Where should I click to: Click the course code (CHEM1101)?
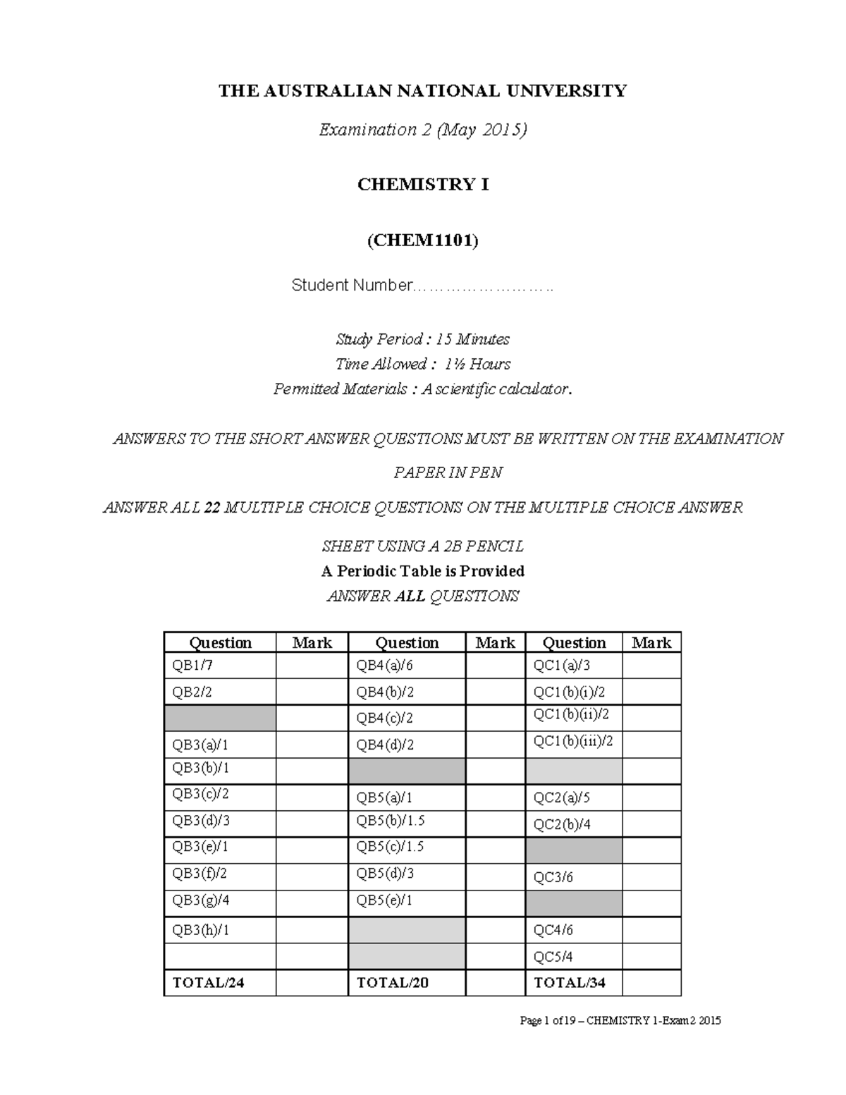click(x=422, y=240)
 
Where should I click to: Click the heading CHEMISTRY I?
click(x=422, y=185)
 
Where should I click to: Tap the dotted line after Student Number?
click(x=482, y=287)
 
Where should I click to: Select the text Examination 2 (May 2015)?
click(x=422, y=130)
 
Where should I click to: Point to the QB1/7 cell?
click(x=220, y=666)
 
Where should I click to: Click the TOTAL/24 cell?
click(x=220, y=982)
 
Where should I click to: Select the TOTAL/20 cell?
click(x=407, y=982)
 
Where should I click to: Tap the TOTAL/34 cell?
click(x=573, y=982)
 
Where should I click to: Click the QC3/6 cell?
click(x=573, y=877)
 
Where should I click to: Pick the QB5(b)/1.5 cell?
click(x=407, y=821)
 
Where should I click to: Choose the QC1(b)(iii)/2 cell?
click(x=573, y=741)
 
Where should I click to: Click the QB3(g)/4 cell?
click(x=220, y=900)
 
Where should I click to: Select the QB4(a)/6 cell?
click(x=407, y=666)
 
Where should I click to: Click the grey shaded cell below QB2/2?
click(x=220, y=718)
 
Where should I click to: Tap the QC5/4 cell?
click(x=573, y=957)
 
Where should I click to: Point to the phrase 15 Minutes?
click(x=472, y=339)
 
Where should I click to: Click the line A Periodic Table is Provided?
click(x=422, y=571)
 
